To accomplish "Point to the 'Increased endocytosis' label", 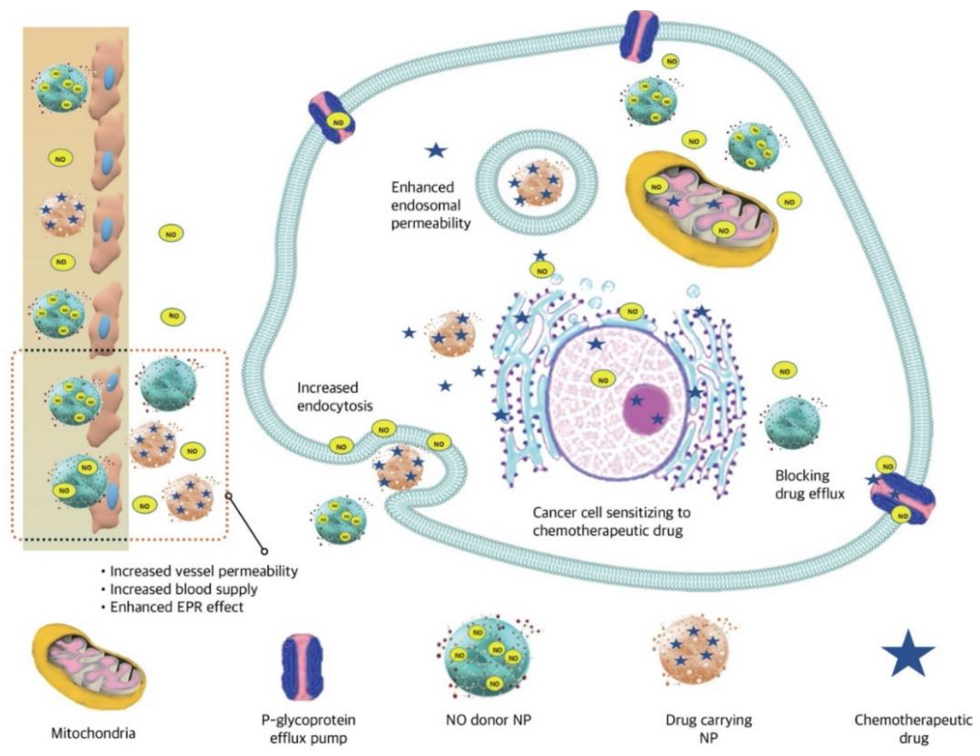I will pyautogui.click(x=335, y=397).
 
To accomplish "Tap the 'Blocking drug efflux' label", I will pyautogui.click(x=810, y=485).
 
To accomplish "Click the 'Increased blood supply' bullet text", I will pyautogui.click(x=184, y=589).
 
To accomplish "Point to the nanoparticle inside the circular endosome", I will pyautogui.click(x=536, y=184).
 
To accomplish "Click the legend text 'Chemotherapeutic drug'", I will pyautogui.click(x=913, y=729).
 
